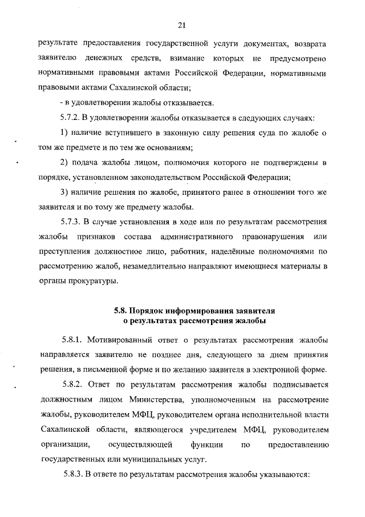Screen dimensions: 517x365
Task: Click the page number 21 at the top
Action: point(182,25)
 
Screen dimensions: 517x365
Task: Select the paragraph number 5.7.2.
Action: point(71,118)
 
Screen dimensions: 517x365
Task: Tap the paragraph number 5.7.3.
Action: point(71,222)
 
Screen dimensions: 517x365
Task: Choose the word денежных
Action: point(106,58)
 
